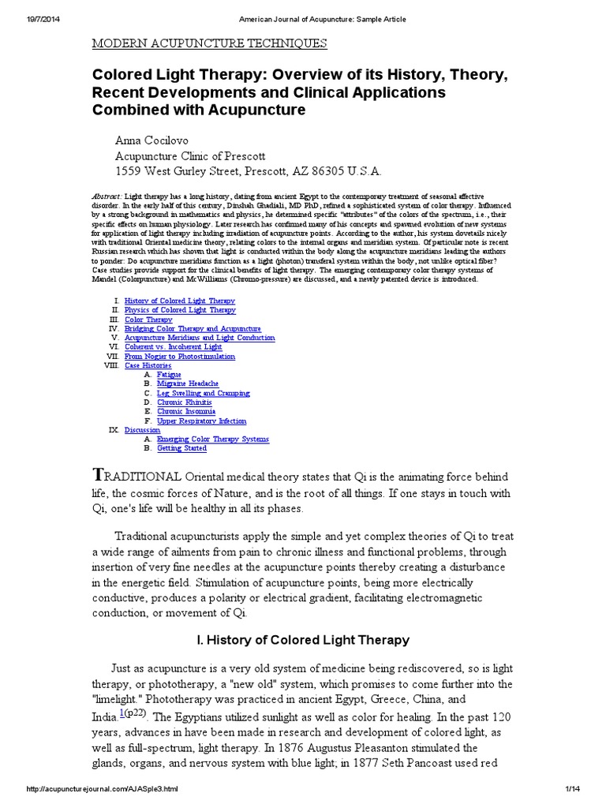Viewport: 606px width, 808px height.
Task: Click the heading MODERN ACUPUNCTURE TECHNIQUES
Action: click(x=210, y=43)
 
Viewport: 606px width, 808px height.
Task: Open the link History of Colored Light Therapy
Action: click(x=179, y=301)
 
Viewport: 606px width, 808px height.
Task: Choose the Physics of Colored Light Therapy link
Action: click(x=180, y=310)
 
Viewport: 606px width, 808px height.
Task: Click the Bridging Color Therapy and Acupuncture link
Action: click(x=193, y=328)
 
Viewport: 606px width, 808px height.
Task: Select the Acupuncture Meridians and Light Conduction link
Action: click(x=200, y=338)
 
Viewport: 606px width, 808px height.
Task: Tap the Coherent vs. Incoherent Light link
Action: click(x=173, y=347)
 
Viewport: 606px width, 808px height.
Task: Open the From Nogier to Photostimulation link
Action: click(x=180, y=357)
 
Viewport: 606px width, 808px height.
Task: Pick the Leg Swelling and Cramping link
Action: click(x=203, y=393)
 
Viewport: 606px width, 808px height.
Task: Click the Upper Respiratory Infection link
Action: click(x=201, y=421)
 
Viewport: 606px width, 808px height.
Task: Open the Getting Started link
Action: click(x=181, y=448)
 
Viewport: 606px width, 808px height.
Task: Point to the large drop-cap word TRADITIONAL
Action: click(x=138, y=476)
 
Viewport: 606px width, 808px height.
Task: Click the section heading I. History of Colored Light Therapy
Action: click(x=304, y=639)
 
